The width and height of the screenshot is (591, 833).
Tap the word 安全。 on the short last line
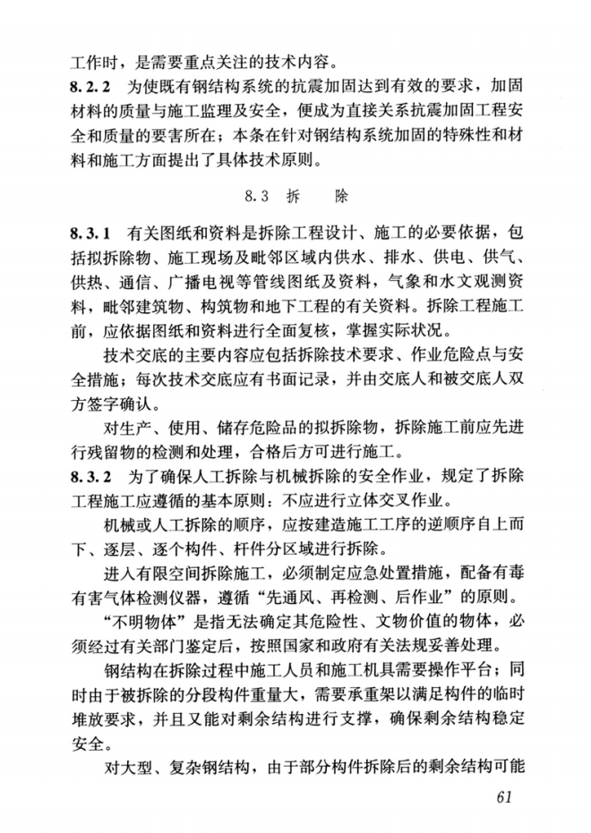click(x=90, y=740)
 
